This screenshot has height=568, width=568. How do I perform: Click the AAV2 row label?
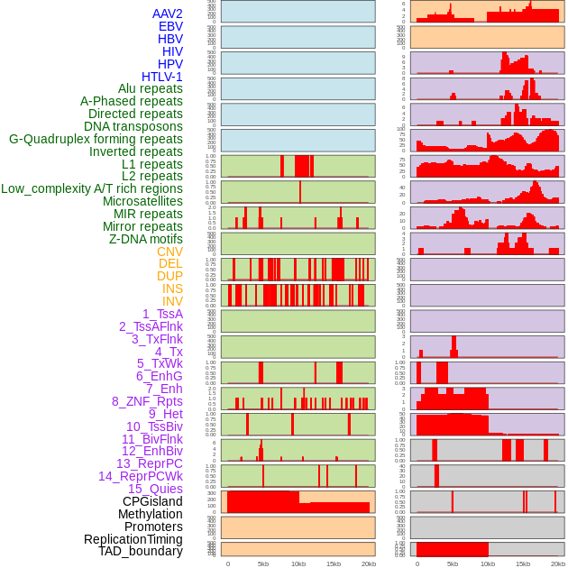[167, 14]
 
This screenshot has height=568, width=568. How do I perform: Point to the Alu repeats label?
[150, 88]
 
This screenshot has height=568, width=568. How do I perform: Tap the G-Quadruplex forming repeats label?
[96, 139]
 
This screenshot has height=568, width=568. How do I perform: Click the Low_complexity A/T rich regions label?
[92, 188]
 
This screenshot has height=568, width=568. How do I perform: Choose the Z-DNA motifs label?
[145, 239]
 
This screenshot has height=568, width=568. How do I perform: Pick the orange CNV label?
[169, 252]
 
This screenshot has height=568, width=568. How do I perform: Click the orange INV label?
[172, 301]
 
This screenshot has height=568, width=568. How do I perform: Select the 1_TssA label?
[162, 314]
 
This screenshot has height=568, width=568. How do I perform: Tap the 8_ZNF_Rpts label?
[147, 401]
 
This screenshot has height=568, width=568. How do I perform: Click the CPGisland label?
[152, 501]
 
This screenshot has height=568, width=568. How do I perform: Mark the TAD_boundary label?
[140, 551]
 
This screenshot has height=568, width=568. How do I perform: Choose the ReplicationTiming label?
[133, 539]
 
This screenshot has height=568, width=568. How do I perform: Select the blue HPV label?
[170, 64]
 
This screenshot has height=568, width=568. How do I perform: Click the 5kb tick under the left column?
[263, 563]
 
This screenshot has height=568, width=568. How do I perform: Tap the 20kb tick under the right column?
[558, 563]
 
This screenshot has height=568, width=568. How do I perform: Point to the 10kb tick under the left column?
[298, 563]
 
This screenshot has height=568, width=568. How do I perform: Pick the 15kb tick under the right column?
[523, 563]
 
